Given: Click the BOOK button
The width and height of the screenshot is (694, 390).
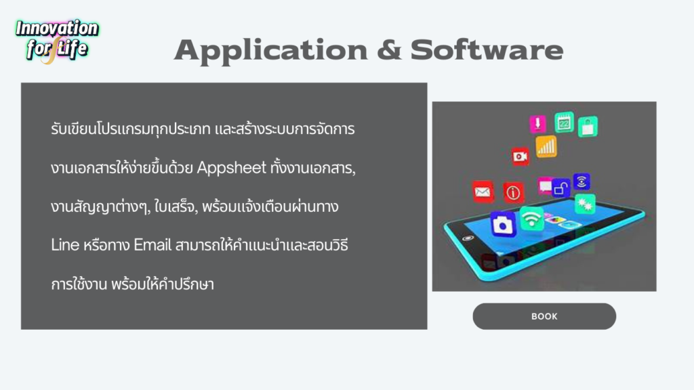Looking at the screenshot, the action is pos(544,316).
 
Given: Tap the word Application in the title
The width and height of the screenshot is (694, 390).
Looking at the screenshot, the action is pos(271,51).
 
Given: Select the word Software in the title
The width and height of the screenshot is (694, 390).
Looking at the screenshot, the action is pos(487,49).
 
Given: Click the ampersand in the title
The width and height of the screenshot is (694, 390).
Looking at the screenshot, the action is pos(389,49).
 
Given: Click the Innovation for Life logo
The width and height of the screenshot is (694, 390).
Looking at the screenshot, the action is pos(57,40).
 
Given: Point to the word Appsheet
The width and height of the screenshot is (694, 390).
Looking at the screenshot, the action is pos(232,168).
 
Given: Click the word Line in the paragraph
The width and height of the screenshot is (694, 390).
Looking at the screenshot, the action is pos(65,244).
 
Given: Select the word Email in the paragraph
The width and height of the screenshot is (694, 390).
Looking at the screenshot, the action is pos(152,244).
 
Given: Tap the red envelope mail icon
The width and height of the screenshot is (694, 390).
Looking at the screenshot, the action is pos(483,192).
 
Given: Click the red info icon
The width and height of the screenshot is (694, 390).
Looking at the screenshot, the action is pos(513,192).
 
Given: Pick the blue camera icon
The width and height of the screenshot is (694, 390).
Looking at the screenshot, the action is pos(503,224).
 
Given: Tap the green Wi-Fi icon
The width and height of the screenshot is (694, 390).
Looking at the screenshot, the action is pos(531,218).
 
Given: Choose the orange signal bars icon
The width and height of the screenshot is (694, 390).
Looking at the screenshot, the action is pos(546,147).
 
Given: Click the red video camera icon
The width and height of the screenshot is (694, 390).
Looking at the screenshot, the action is pos(520,156).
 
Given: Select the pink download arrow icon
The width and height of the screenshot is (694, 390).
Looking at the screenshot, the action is pos(537,124).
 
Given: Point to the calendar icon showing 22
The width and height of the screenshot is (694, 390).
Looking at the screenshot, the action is pos(564,123).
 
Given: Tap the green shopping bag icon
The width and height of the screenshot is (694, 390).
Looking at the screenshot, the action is pos(588,127).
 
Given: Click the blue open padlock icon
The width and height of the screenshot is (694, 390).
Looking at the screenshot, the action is pos(560,188).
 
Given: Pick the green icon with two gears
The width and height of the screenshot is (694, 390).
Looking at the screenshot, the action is pos(585,204).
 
